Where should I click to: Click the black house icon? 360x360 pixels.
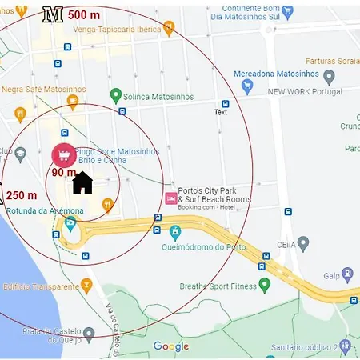82,182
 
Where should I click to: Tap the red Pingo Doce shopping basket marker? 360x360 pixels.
63,154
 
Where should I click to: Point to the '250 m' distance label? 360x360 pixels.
22,195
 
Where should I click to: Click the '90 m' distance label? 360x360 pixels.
64,172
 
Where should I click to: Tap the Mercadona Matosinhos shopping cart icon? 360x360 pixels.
247,85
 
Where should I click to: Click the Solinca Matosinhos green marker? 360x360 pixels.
116,96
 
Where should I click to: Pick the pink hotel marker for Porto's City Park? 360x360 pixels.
170,198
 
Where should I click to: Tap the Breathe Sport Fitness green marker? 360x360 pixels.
264,285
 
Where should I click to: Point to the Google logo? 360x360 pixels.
170,346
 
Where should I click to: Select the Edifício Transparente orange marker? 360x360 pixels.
87,285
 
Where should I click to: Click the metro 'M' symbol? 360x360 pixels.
53,14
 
